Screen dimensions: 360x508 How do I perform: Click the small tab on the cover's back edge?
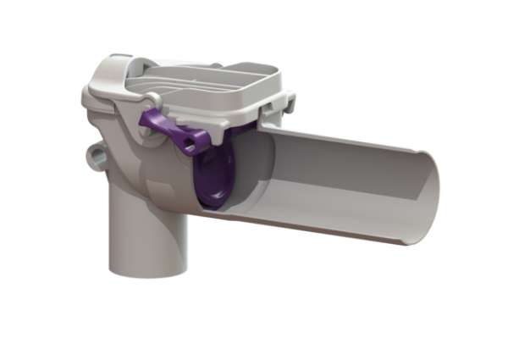coord(218,64)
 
